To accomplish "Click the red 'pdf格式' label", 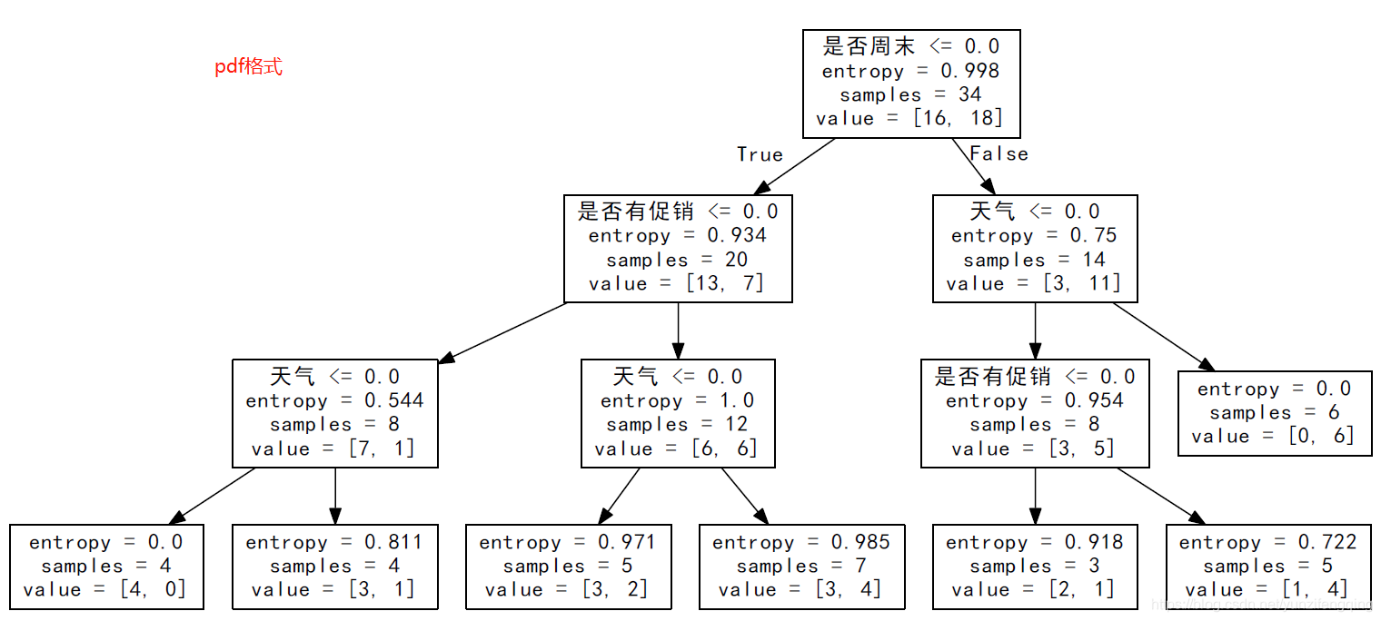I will [248, 67].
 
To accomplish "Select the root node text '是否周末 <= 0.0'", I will [910, 46].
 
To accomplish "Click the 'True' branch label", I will [760, 154].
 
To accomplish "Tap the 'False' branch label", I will [998, 154].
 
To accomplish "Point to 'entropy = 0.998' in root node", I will [910, 71].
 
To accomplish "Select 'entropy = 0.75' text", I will [1034, 236].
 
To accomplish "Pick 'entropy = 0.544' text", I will [334, 400].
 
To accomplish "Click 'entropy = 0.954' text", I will [1034, 400].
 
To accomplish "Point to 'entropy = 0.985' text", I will [801, 542].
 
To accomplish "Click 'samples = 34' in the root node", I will [910, 94].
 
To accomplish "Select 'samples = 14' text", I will [1034, 260].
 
